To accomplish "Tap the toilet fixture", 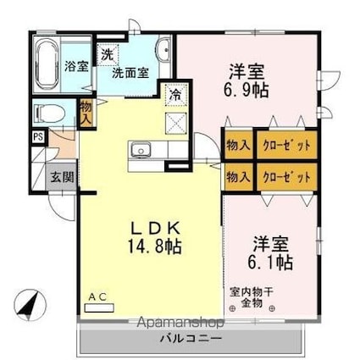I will pos(51,112).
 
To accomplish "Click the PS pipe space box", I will pos(38,136).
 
